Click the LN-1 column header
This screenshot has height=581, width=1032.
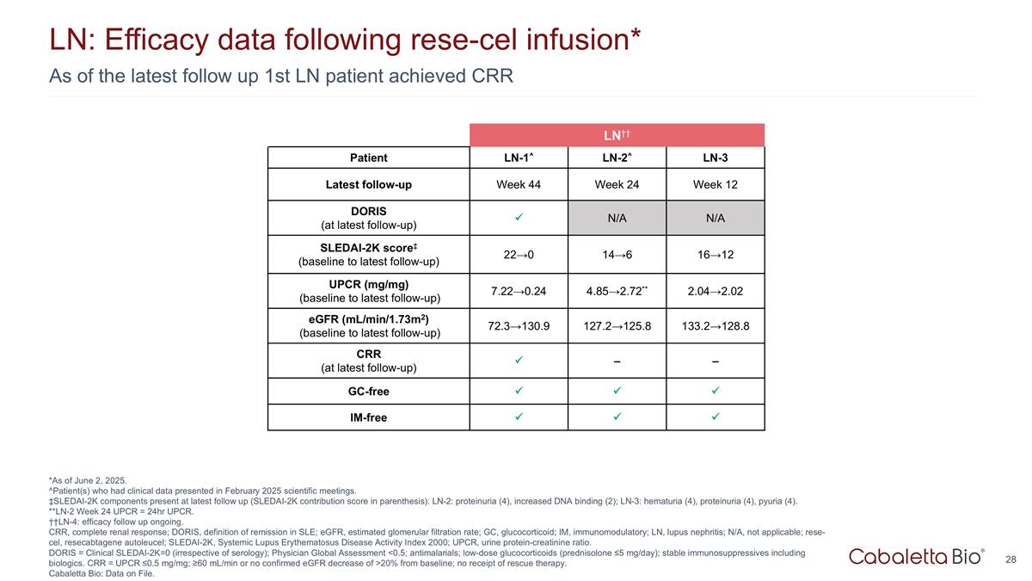tap(519, 158)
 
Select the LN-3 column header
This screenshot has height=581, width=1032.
tap(715, 158)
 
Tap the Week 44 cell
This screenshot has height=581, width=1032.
tap(519, 184)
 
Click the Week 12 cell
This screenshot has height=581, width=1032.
tap(715, 184)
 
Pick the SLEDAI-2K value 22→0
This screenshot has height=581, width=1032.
tap(519, 254)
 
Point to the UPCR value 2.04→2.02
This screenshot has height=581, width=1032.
tap(715, 290)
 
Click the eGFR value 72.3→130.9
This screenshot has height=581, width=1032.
tap(519, 325)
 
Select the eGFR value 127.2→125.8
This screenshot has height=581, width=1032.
tap(617, 325)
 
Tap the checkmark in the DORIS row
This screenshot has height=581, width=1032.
tap(519, 218)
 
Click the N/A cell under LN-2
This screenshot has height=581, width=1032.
tap(617, 218)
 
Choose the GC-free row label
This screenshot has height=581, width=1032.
tap(368, 391)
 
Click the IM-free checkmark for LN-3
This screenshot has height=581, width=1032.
tap(715, 417)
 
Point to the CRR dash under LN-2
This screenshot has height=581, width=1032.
tap(617, 361)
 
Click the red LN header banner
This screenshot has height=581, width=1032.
tap(617, 135)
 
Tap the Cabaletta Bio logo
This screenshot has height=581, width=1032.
tap(917, 556)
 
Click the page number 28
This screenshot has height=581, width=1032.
tap(1011, 559)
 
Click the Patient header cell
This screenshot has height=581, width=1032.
tap(368, 158)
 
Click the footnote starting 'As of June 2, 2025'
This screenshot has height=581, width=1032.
tap(89, 480)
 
